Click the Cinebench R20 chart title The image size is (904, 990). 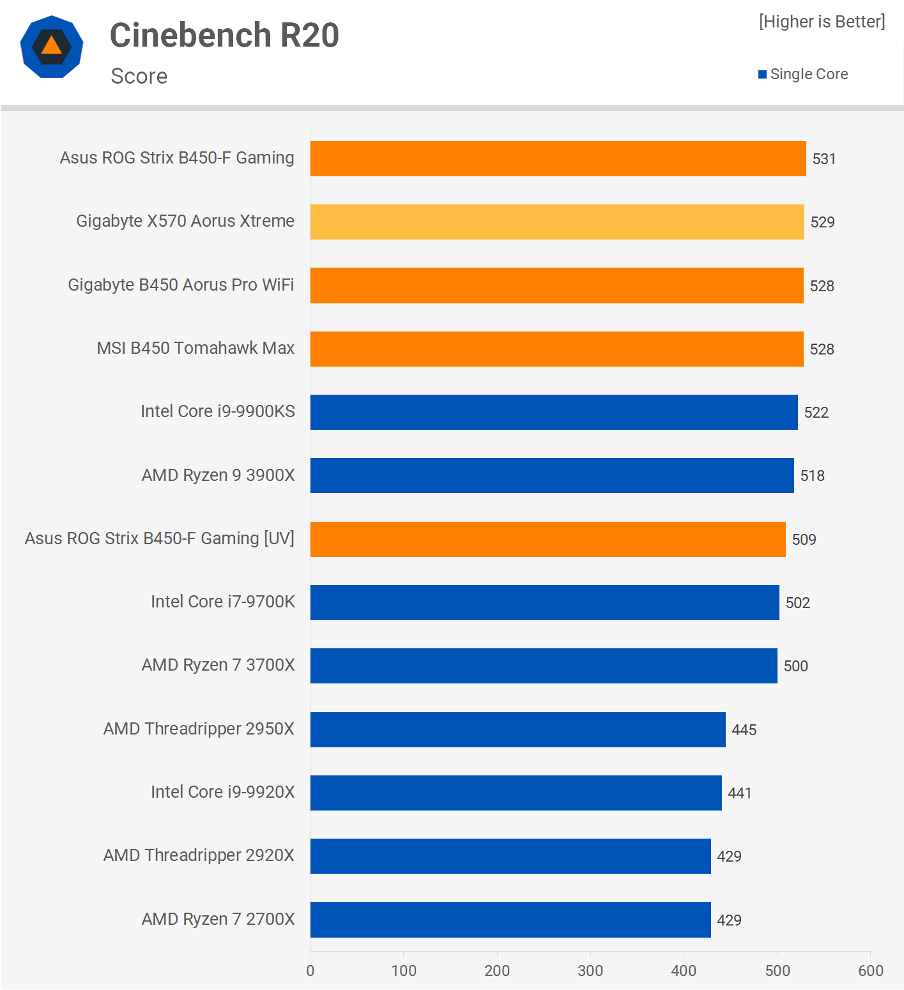pyautogui.click(x=224, y=35)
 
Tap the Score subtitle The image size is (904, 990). pyautogui.click(x=139, y=76)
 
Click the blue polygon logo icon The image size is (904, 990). pyautogui.click(x=52, y=47)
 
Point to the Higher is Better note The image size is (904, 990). pyautogui.click(x=822, y=22)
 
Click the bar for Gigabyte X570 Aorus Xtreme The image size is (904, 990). pyautogui.click(x=557, y=222)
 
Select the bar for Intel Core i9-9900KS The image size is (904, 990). pyautogui.click(x=554, y=413)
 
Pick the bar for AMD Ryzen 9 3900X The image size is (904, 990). pyautogui.click(x=552, y=476)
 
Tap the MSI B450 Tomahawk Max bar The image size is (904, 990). pyautogui.click(x=557, y=349)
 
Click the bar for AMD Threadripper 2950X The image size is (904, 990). pyautogui.click(x=518, y=729)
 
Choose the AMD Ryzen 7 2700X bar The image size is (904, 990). pyautogui.click(x=510, y=920)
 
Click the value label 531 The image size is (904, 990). pyautogui.click(x=824, y=159)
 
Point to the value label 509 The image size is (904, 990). pyautogui.click(x=804, y=540)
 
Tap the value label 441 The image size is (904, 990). pyautogui.click(x=739, y=793)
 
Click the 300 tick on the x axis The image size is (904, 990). pyautogui.click(x=590, y=971)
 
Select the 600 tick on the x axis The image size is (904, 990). pyautogui.click(x=870, y=971)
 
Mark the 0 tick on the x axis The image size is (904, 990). pyautogui.click(x=310, y=971)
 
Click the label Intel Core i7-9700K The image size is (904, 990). pyautogui.click(x=223, y=602)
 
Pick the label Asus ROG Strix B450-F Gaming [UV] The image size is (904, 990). pyautogui.click(x=160, y=538)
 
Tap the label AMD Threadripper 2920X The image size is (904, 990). pyautogui.click(x=199, y=855)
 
